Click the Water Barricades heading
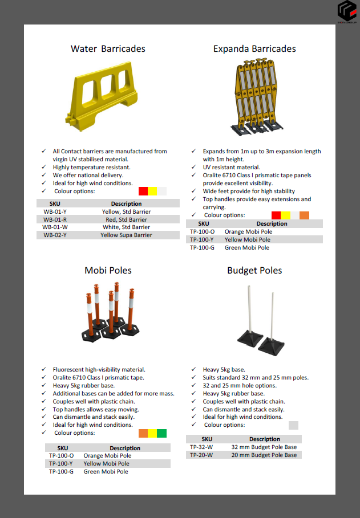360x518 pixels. point(108,49)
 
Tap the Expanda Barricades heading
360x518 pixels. point(254,49)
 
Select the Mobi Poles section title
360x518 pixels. point(108,270)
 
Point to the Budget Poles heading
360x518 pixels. point(254,270)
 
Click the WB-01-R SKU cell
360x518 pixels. point(55,219)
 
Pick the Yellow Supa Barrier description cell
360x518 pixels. point(126,235)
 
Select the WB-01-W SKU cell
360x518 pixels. point(55,227)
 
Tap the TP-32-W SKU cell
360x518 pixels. point(201,447)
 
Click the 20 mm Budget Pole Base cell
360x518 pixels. point(264,455)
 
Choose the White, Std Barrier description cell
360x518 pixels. point(126,227)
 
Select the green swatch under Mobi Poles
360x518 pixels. point(162,433)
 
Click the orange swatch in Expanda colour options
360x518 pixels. point(304,215)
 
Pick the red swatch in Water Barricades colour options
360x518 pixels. point(143,191)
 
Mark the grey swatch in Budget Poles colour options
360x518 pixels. point(293,425)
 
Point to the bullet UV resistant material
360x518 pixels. point(231,168)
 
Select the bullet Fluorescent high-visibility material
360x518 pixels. point(99,370)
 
